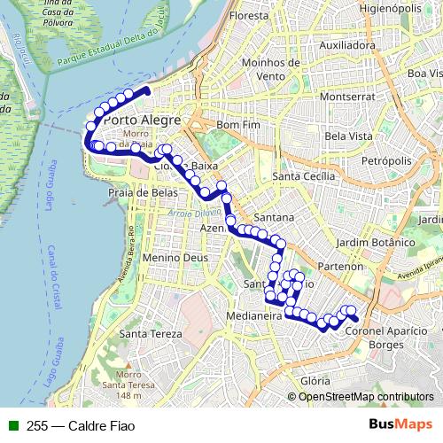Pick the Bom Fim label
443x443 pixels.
click(x=235, y=126)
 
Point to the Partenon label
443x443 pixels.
click(x=340, y=266)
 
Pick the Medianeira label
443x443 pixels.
click(x=254, y=315)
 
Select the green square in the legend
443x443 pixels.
click(x=14, y=424)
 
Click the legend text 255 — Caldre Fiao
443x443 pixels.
click(x=66, y=424)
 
